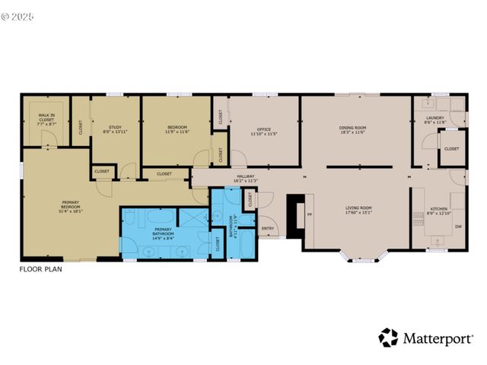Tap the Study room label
115,127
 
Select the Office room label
263,129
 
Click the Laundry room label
435,118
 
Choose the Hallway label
247,176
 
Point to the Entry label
268,228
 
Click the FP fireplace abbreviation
309,214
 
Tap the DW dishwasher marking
458,227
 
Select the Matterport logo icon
388,338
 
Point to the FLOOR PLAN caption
40,268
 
